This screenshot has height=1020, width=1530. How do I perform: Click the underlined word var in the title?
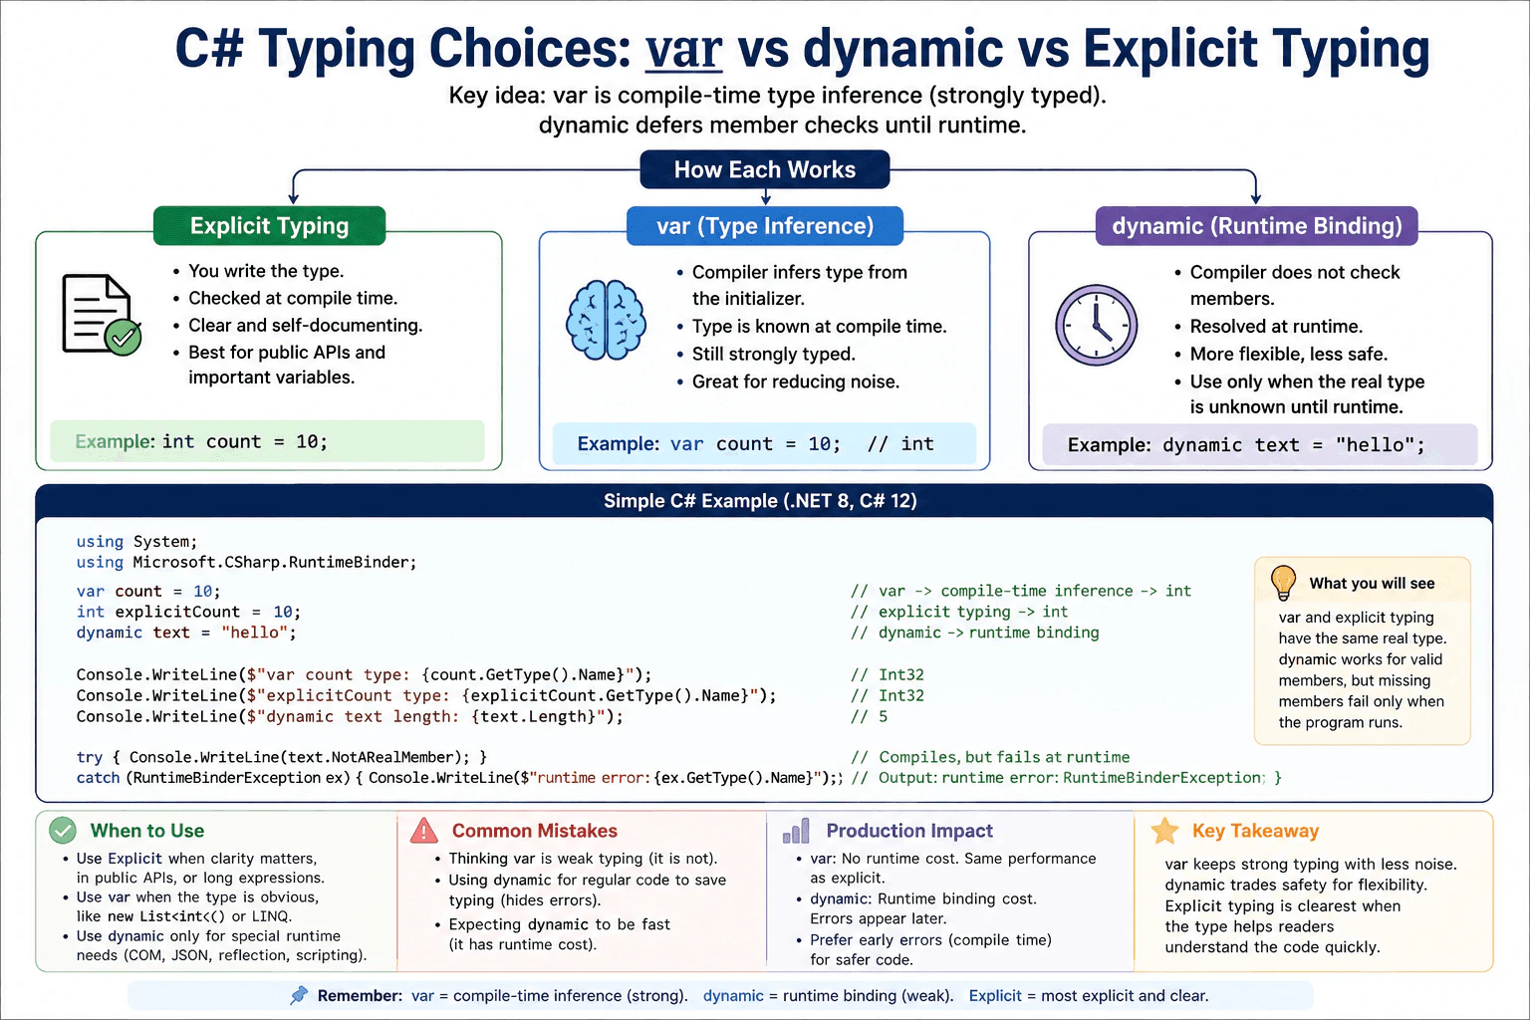coord(683,49)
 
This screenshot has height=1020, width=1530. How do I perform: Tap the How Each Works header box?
coord(764,169)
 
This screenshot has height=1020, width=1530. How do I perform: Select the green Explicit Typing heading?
coord(269,225)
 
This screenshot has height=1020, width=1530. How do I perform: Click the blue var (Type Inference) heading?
coord(764,225)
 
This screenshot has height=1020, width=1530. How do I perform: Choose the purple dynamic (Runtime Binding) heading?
coord(1256,225)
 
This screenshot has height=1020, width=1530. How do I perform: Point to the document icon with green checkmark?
coord(102,315)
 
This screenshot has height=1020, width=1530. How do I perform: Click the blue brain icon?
coord(606,320)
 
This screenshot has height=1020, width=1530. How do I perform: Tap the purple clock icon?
coord(1097,325)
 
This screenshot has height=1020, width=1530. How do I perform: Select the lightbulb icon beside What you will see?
coord(1283,583)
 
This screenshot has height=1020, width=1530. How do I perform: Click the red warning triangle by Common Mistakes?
coord(424,830)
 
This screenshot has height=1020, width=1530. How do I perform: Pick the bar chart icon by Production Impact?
coord(796,831)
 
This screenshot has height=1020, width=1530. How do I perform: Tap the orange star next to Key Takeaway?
coord(1164,831)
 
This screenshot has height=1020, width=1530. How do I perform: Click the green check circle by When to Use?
coord(63,830)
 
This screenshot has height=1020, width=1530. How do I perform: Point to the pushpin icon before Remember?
coord(299,995)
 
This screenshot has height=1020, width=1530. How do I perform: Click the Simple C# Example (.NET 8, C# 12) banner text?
coord(760,501)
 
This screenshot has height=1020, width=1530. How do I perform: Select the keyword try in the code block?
coord(89,757)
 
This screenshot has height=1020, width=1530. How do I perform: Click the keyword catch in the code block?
coord(98,778)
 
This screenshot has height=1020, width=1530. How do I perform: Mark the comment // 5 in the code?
coord(869,716)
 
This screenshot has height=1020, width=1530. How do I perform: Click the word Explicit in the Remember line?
coord(995,995)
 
